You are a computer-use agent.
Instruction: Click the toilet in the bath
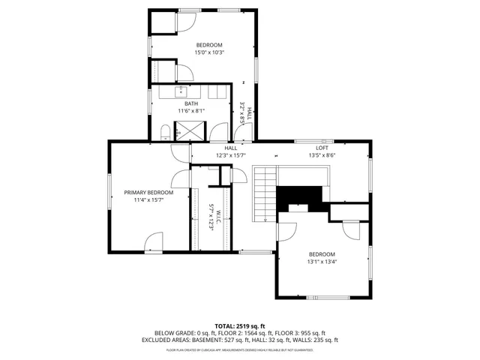click(165, 133)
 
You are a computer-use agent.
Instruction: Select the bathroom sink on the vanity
click(181, 91)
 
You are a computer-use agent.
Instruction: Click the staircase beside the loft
click(265, 193)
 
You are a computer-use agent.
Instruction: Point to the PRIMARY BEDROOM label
click(148, 192)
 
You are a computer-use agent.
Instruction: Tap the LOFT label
click(322, 148)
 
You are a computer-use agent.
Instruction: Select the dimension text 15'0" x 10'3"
click(211, 52)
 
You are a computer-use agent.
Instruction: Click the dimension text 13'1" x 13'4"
click(322, 262)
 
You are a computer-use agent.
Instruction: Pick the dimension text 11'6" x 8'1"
click(191, 111)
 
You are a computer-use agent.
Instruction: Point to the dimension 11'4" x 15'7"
click(148, 200)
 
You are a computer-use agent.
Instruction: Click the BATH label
click(191, 103)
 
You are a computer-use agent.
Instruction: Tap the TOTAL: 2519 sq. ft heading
click(240, 325)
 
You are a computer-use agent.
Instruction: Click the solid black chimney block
click(300, 196)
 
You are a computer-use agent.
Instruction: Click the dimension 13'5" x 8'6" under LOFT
click(322, 155)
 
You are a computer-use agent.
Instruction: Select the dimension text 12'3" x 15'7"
click(230, 155)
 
